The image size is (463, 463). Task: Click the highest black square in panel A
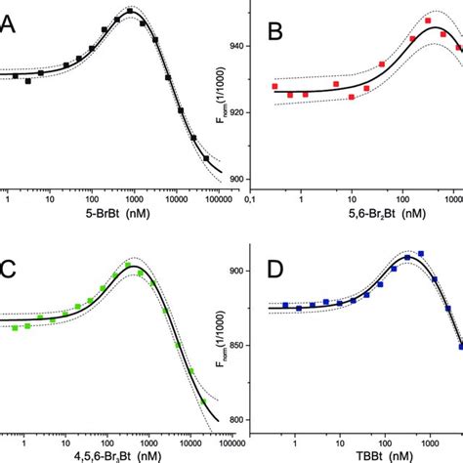(129, 13)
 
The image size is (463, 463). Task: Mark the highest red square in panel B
(428, 21)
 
